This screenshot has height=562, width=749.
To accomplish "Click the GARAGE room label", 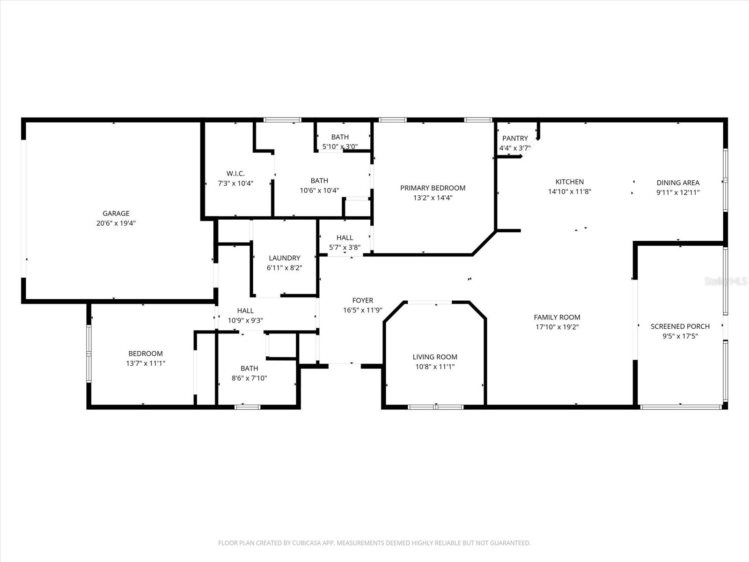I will [x=116, y=214].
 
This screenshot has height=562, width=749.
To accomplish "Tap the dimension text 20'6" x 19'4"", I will [x=116, y=223].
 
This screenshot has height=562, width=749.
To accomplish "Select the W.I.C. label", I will [x=235, y=173].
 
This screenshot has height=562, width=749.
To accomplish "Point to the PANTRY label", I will [x=515, y=138].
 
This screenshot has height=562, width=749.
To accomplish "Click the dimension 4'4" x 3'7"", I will [x=515, y=148].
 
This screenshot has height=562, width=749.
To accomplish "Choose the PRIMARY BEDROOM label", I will [x=433, y=188].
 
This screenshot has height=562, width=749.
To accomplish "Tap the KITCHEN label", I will [x=570, y=182].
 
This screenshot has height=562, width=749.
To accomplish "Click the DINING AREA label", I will [x=678, y=183].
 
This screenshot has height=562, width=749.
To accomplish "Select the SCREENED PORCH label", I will [x=680, y=326].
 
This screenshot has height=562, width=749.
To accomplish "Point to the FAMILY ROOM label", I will [x=557, y=317].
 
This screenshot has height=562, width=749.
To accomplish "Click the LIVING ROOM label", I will [x=435, y=357].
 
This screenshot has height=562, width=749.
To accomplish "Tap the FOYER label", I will [x=363, y=300].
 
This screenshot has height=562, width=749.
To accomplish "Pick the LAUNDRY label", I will [x=285, y=258].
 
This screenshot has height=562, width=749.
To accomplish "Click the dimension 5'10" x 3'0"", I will [x=340, y=147].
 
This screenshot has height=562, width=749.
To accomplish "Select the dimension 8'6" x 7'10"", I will [x=250, y=378].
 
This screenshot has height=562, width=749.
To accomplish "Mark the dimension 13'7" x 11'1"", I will [x=146, y=363].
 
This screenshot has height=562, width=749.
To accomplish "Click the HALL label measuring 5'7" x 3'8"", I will [x=345, y=237].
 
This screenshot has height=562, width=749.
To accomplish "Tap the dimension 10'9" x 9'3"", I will [x=245, y=320].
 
